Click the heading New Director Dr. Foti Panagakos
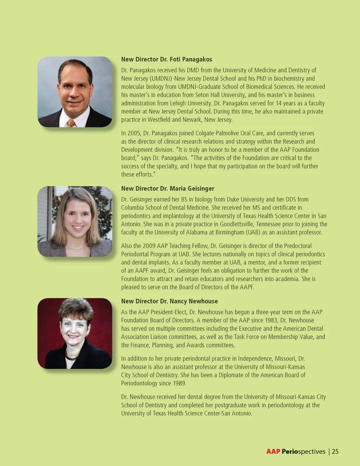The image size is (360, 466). pos(166,59)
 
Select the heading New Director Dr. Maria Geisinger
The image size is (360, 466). pos(168,188)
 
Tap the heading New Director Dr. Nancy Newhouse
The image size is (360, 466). pos(169,301)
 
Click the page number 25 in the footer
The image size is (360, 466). pos(335,451)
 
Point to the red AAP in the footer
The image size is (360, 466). pos(273,451)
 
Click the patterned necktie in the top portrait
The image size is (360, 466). pos(71,123)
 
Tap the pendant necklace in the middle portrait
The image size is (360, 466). pos(76,249)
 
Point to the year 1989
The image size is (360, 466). pos(179,383)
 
